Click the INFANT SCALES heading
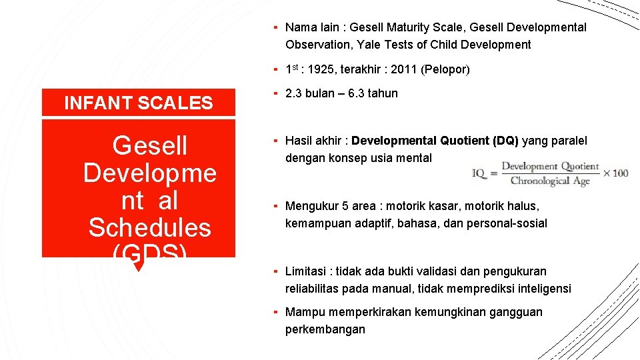click(138, 103)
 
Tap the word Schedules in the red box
click(149, 227)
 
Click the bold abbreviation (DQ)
click(505, 141)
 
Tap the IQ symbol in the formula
click(478, 173)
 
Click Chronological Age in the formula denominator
click(550, 181)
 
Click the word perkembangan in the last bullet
click(325, 329)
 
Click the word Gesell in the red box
click(150, 145)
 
